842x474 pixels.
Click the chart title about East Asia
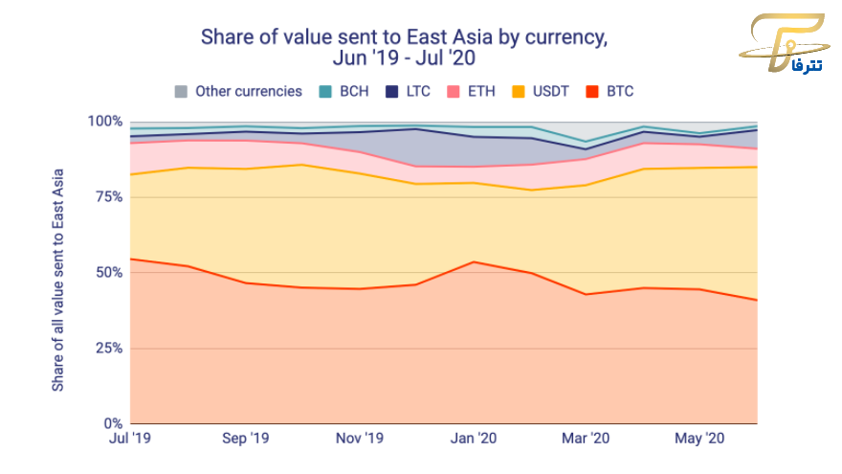pos(402,47)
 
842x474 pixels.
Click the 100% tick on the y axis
pos(105,122)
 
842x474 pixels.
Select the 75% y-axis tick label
pos(108,197)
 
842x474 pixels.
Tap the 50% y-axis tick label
pos(108,273)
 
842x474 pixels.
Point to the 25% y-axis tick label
pos(108,349)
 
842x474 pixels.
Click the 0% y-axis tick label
pos(112,423)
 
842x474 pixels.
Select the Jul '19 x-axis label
pos(131,439)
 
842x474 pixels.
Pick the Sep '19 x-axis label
pos(246,439)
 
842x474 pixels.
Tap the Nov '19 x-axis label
pos(360,439)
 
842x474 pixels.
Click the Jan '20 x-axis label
pos(474,439)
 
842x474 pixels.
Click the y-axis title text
pos(58,272)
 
